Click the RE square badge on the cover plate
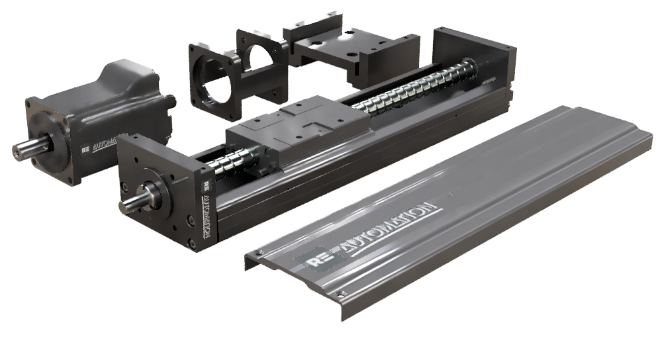click(x=318, y=262)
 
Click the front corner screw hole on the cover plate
click(x=342, y=292)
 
